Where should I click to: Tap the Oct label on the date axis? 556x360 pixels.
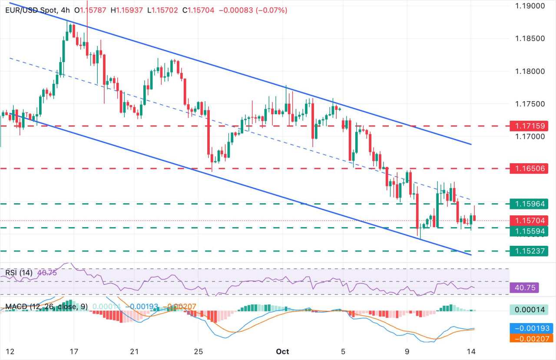pyautogui.click(x=283, y=351)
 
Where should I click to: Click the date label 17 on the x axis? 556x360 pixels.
pyautogui.click(x=73, y=351)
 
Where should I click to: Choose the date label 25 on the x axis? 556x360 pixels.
pyautogui.click(x=198, y=351)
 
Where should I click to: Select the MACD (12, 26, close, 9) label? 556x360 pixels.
pyautogui.click(x=46, y=307)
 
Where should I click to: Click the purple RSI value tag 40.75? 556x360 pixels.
pyautogui.click(x=526, y=287)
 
